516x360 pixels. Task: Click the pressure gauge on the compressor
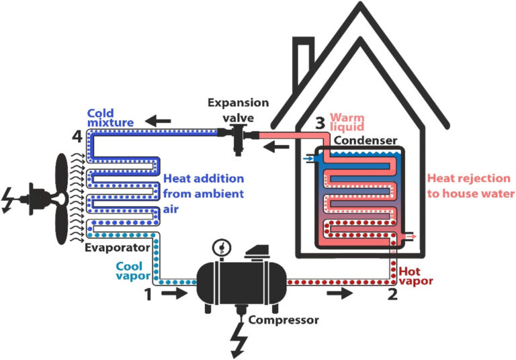(219, 248)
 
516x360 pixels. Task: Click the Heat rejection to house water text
(470, 186)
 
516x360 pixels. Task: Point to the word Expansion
(238, 103)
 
